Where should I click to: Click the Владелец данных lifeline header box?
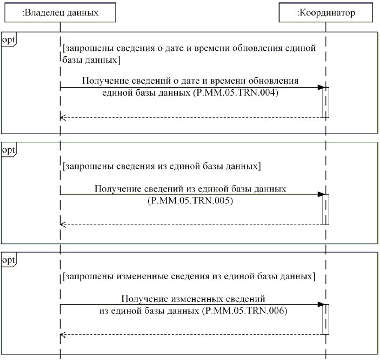[x=60, y=13]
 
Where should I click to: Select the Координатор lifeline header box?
[x=326, y=13]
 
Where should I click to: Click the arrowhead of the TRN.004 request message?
[x=321, y=88]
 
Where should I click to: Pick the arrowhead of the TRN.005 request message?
[x=321, y=194]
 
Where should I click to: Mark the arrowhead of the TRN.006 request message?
[x=321, y=305]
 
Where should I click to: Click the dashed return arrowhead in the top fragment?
[x=63, y=117]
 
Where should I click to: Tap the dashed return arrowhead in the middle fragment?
[x=63, y=224]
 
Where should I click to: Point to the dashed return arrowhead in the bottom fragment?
[x=63, y=334]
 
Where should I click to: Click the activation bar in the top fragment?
[x=326, y=102]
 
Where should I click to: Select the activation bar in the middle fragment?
[x=326, y=209]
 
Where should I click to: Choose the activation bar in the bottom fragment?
[x=326, y=319]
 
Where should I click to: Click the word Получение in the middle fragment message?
[x=116, y=189]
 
